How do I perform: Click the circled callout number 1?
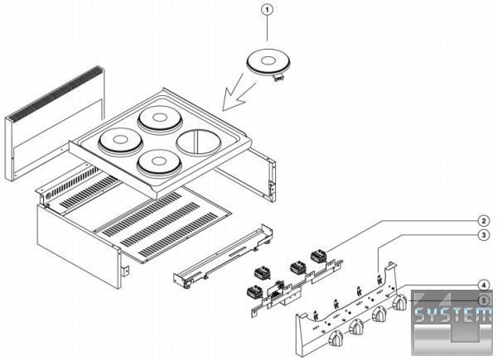point(268,10)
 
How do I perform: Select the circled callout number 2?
point(483,221)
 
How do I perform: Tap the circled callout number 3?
point(483,235)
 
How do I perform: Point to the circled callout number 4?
point(483,286)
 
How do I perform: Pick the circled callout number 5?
point(483,300)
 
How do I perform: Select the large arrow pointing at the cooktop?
point(239,94)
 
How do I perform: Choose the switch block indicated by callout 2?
point(319,255)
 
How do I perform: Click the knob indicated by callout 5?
point(399,302)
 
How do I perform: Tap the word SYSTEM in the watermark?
point(454,314)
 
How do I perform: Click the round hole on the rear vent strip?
point(49,196)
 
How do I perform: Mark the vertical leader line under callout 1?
point(268,28)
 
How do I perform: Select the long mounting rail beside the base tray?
point(223,257)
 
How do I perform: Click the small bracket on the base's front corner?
point(126,270)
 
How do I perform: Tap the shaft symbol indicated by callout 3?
point(379,279)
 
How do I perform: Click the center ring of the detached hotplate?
point(268,60)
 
